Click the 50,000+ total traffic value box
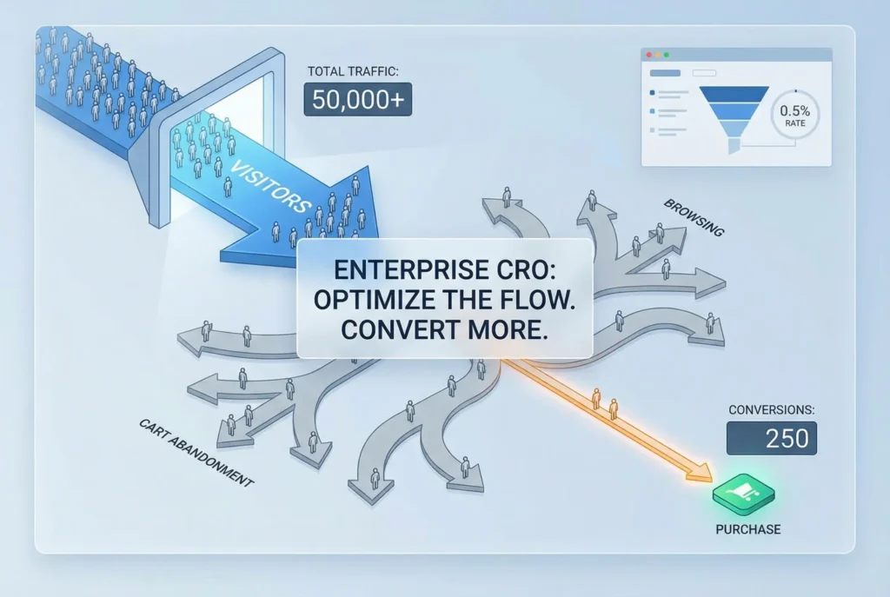[x=358, y=99]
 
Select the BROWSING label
[x=694, y=218]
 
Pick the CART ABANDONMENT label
[x=195, y=451]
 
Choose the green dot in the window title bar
[x=668, y=55]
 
